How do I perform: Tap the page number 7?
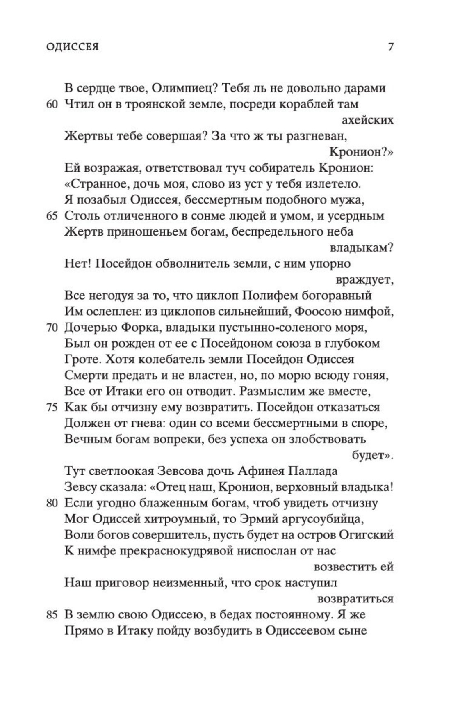(x=390, y=47)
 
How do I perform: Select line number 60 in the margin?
(x=52, y=104)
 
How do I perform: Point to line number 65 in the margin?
(x=52, y=216)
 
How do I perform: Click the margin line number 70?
(x=52, y=328)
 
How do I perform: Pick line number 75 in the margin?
(x=52, y=408)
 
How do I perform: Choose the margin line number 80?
(x=52, y=503)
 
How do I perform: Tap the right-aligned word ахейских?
(x=367, y=120)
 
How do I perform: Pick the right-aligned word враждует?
(x=364, y=280)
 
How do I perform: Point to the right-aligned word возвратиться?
(x=355, y=599)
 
